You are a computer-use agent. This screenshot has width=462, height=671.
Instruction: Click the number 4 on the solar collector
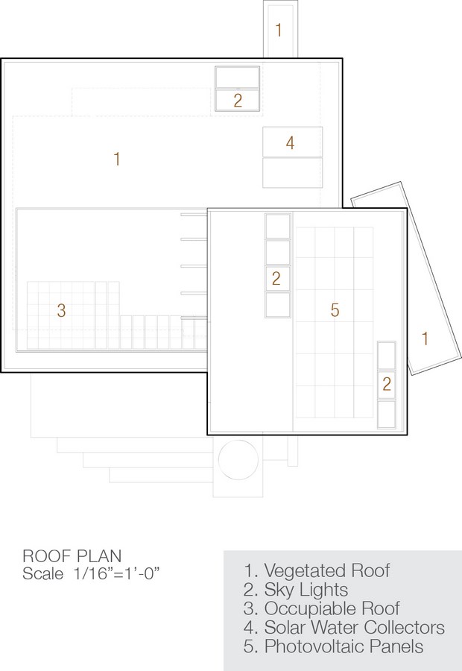coord(290,143)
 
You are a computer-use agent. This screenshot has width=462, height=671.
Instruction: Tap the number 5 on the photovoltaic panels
coord(335,310)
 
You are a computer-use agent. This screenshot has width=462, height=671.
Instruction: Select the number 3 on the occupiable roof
coord(61,311)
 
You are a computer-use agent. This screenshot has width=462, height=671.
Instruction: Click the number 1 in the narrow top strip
coord(279,30)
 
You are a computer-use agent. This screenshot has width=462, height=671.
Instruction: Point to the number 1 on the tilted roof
coord(425,338)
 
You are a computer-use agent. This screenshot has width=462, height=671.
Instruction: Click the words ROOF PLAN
coord(72,556)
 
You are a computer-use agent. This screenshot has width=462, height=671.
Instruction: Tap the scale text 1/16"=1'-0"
coord(116,573)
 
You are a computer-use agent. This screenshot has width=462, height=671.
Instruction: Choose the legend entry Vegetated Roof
coord(317,570)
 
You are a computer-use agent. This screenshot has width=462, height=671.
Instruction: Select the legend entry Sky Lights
coord(296,590)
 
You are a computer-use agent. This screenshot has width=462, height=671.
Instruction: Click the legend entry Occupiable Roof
coord(322,608)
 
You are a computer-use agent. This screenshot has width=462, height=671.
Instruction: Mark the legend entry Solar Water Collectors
coord(344,627)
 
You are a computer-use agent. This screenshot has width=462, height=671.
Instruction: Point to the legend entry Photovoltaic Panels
coord(334,646)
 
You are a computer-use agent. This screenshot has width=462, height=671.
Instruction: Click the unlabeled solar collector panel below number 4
coord(292,173)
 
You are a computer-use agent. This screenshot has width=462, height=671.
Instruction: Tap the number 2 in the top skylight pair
coord(238,101)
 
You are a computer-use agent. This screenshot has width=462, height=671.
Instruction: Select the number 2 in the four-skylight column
coord(276,279)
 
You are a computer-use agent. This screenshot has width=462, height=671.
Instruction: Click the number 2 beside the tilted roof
coord(387,384)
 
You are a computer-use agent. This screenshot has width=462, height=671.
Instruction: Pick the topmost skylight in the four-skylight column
coord(278,226)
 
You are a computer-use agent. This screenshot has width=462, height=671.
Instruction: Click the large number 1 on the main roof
coord(117,160)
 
